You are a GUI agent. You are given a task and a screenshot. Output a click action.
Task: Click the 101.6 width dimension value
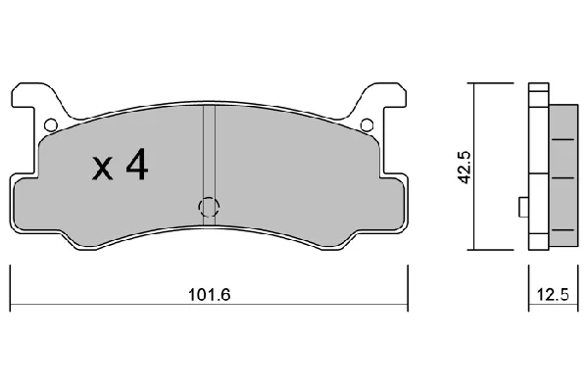(x=209, y=294)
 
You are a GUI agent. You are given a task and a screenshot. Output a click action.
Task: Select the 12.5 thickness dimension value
(x=553, y=294)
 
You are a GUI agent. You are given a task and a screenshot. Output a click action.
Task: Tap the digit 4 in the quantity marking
(x=137, y=165)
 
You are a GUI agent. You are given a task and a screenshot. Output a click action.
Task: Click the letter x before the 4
(x=102, y=169)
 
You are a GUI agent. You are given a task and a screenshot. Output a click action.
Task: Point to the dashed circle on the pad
(x=209, y=207)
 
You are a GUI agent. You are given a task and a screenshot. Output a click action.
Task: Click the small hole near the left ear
(x=50, y=124)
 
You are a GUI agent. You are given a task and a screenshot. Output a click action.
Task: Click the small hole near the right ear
(x=367, y=124)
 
